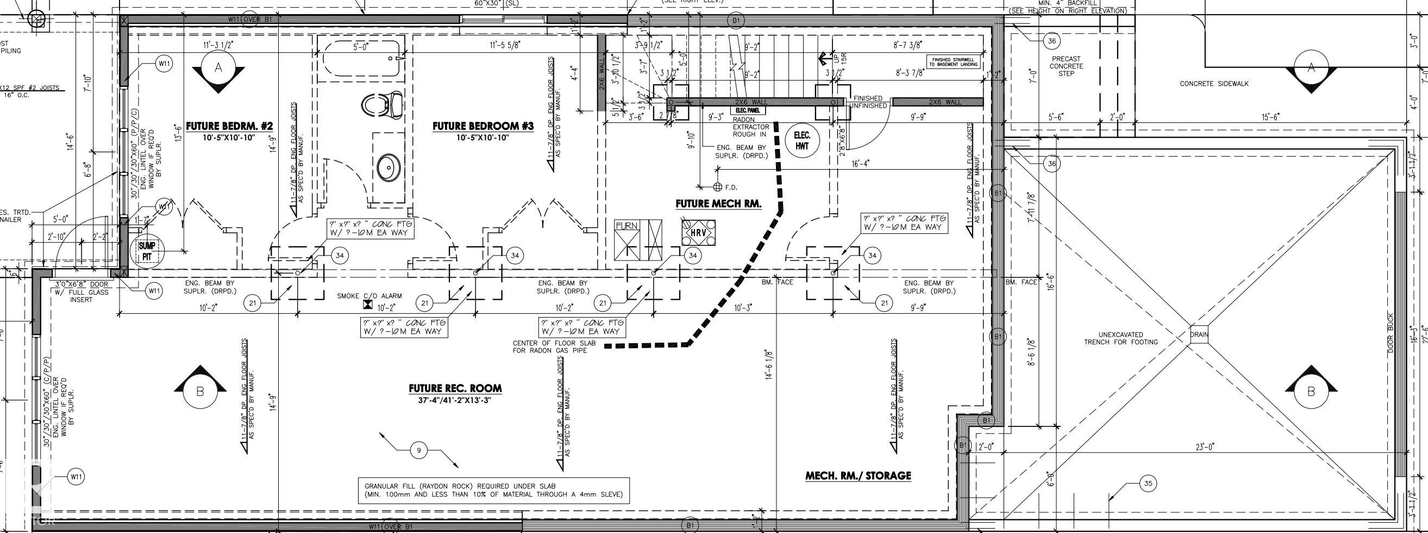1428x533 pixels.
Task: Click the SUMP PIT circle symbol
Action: point(147,251)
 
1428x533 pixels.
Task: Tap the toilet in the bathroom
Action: point(382,105)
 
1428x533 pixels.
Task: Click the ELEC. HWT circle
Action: point(801,140)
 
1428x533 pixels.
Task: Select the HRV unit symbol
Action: point(698,233)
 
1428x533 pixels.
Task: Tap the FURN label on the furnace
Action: point(627,226)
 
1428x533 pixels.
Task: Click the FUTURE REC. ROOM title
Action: point(455,388)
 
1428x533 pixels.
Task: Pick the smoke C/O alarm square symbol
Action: point(367,305)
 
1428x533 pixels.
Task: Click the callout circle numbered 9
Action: point(418,450)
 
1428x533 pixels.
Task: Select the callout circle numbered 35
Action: point(1148,484)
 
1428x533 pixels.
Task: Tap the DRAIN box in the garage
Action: point(1199,334)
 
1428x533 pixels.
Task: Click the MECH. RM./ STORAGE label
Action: point(857,476)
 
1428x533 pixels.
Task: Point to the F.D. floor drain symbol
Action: point(717,187)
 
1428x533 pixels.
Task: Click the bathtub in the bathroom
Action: point(361,59)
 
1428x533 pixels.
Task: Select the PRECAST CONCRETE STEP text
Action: point(1066,66)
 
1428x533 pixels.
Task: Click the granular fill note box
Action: point(493,490)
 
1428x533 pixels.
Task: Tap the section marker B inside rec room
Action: point(200,391)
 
